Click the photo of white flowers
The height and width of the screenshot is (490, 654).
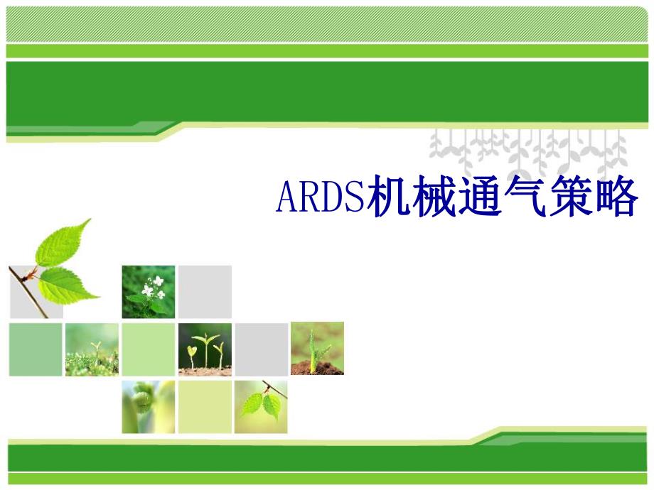[x=148, y=291]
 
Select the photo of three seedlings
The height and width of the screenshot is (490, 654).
[x=205, y=349]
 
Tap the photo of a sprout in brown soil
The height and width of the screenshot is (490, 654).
[x=317, y=348]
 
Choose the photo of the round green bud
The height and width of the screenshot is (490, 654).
[x=148, y=406]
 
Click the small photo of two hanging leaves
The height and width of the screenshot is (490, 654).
[x=261, y=406]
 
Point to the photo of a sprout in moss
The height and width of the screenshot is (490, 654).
[x=92, y=349]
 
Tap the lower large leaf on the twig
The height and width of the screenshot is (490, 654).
[x=68, y=284]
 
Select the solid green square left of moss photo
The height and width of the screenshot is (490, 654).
[x=36, y=349]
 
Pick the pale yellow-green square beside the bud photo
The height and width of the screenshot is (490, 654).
[x=205, y=406]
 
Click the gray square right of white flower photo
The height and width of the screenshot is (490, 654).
[x=205, y=291]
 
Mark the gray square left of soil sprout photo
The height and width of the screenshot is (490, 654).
[x=261, y=349]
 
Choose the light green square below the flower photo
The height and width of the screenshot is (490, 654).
[x=148, y=349]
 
